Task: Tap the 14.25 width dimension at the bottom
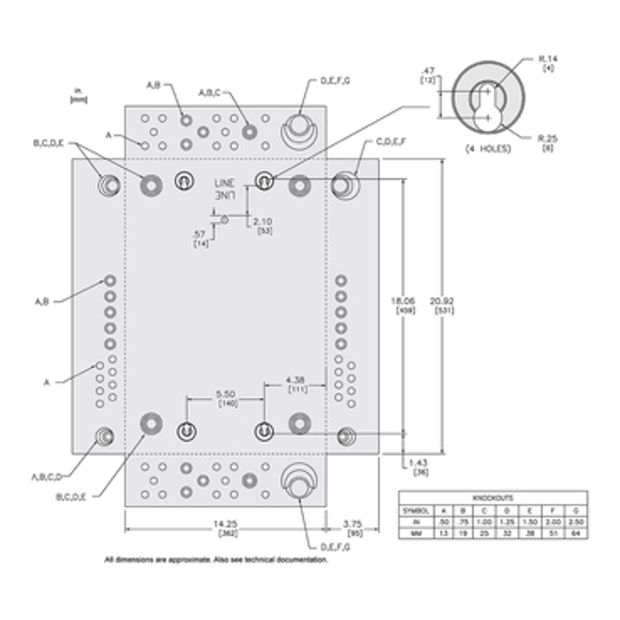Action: click(226, 524)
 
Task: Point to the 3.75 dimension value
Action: click(353, 524)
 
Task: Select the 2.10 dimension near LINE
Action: click(263, 222)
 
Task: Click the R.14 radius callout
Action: click(548, 59)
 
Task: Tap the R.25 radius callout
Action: click(548, 138)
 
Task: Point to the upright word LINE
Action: click(224, 183)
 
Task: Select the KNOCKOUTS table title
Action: click(493, 498)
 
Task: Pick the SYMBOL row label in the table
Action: click(416, 510)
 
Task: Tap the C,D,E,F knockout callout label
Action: click(391, 141)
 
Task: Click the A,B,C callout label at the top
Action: click(210, 92)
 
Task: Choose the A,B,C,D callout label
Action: click(47, 476)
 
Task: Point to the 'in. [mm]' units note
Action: click(79, 95)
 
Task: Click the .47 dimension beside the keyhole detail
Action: click(428, 71)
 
